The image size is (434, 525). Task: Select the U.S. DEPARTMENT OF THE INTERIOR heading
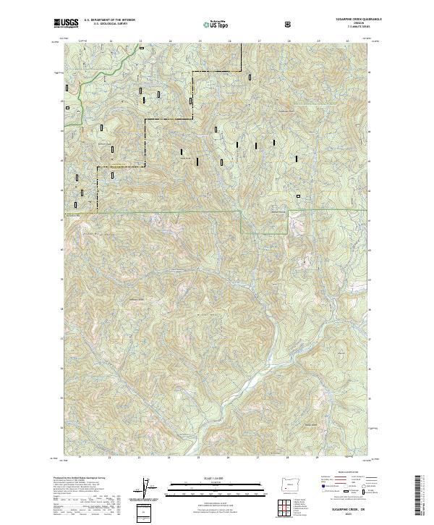click(109, 20)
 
